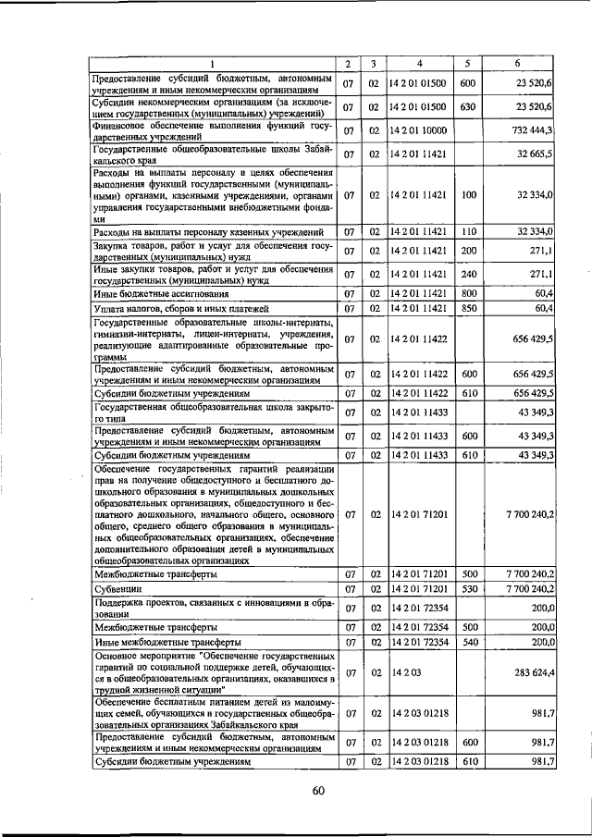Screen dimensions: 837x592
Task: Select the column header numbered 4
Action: point(420,64)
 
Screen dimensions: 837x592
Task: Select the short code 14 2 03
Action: point(403,673)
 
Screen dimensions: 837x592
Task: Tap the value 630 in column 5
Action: point(467,107)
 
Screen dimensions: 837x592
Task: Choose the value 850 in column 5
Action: point(467,308)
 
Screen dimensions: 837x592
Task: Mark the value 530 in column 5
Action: point(467,589)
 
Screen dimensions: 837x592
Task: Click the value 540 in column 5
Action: point(467,641)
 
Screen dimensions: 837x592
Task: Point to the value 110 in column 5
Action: point(467,231)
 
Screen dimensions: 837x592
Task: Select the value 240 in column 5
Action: point(467,275)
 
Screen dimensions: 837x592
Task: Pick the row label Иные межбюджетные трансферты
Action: point(166,641)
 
